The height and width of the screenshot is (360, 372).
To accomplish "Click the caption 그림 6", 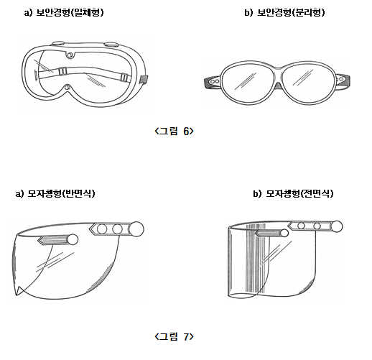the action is (x=174, y=131).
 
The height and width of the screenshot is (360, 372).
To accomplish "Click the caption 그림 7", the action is (x=174, y=336).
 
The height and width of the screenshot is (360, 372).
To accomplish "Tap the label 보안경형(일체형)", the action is (x=70, y=12).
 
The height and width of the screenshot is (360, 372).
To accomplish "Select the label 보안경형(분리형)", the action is (x=291, y=12).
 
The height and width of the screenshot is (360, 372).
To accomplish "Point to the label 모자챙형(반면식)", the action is (x=61, y=193).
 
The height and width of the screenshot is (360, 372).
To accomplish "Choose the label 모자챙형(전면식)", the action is (x=299, y=193).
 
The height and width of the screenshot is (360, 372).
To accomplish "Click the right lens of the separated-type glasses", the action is (x=309, y=80).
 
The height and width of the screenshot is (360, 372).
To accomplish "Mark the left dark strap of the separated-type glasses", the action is (x=212, y=82).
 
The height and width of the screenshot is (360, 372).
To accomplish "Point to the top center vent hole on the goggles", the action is (x=70, y=55).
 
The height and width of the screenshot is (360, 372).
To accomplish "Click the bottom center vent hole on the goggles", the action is (x=68, y=87).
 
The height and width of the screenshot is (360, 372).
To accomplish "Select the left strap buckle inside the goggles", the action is (x=62, y=71).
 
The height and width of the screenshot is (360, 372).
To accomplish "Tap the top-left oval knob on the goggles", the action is (x=59, y=43).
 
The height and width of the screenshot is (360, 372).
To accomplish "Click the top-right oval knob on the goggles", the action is (x=111, y=45).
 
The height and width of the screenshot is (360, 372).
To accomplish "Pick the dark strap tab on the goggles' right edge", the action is (x=144, y=79).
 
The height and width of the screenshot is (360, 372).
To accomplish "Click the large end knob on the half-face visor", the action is (x=136, y=229).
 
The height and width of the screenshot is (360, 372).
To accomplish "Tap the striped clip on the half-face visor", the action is (x=53, y=239).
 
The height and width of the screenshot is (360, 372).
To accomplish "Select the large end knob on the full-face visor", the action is (x=336, y=226).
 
